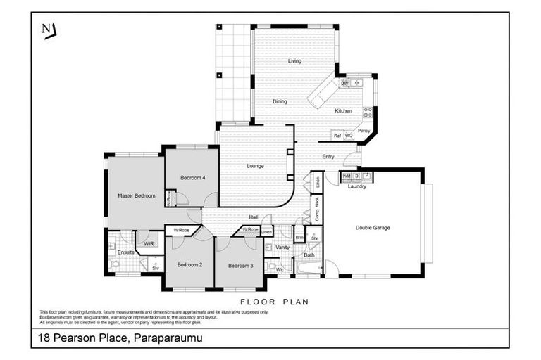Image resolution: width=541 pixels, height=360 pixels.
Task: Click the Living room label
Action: point(294,61)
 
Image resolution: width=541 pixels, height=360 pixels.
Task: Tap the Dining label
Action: point(280,102)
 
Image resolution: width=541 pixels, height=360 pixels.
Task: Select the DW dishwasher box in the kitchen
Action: point(344,84)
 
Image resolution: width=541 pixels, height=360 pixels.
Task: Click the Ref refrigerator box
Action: point(337,136)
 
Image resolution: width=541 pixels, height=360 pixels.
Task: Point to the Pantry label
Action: point(364,131)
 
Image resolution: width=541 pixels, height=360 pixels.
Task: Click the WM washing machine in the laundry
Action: point(346,176)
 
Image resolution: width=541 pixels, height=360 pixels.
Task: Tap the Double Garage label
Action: point(373,227)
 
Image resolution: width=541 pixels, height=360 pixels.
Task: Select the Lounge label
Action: point(255,167)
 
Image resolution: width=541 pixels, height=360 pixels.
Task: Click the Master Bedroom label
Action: point(136,195)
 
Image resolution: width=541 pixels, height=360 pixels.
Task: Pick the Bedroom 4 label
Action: point(192,178)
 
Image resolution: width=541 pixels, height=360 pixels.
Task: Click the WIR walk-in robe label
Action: point(149,243)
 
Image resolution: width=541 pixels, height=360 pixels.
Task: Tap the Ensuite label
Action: point(126,252)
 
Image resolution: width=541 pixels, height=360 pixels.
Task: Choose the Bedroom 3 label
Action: point(241,265)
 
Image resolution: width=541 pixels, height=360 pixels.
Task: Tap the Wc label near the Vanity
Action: point(280,269)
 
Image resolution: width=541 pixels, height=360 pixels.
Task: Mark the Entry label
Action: point(328,156)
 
